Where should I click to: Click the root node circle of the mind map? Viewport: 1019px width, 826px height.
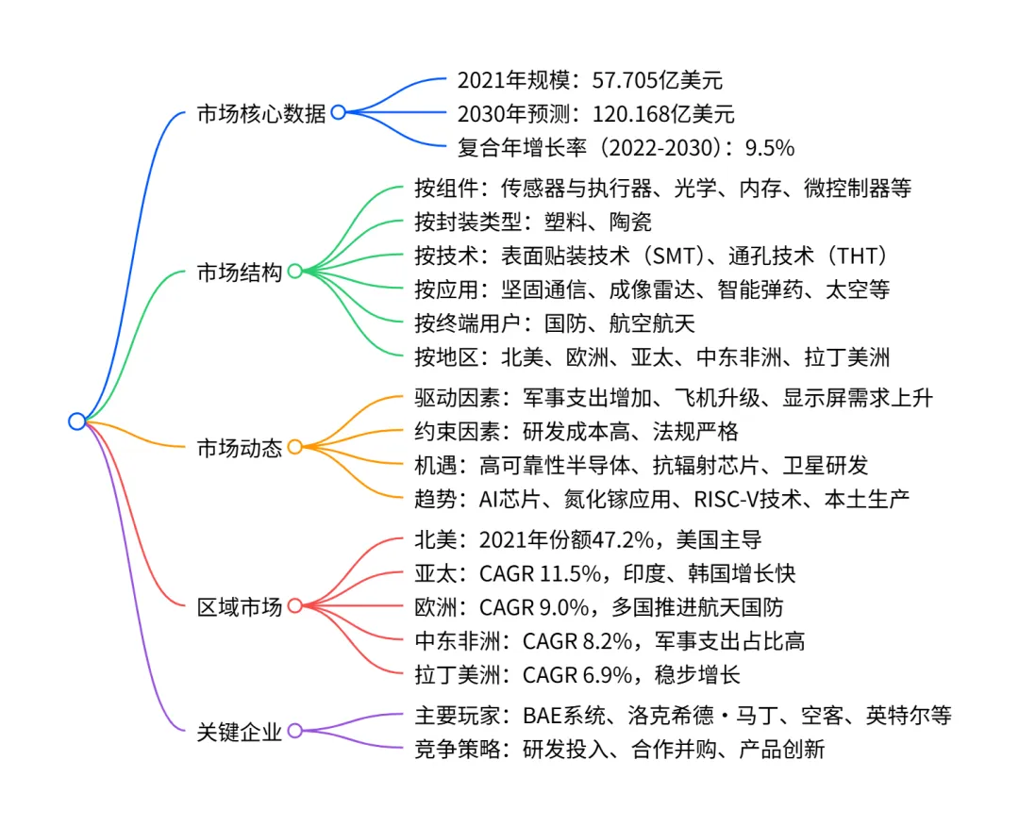[76, 421]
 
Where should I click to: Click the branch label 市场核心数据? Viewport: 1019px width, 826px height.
[260, 114]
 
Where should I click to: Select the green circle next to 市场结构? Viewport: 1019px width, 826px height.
[294, 272]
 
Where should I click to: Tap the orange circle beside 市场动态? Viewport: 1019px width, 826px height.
[294, 447]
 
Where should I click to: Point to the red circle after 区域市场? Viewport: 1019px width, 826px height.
[294, 605]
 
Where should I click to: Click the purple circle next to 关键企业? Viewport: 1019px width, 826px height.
[294, 730]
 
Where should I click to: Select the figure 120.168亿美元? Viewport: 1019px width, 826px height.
[663, 114]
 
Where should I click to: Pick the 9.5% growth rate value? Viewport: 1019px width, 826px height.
[769, 147]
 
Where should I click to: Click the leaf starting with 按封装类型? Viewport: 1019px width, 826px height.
[533, 222]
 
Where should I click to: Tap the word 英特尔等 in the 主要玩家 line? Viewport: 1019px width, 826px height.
[909, 715]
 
